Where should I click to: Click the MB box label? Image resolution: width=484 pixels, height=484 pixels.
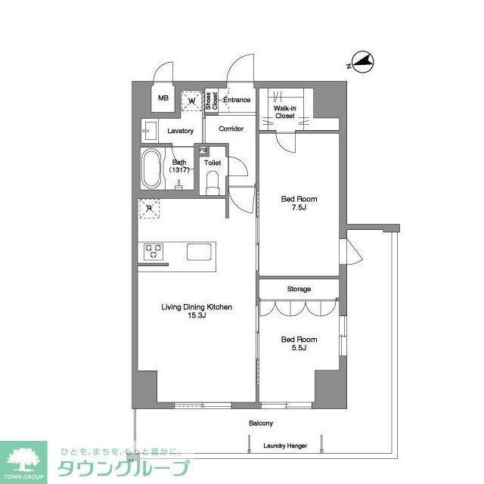coord(163,98)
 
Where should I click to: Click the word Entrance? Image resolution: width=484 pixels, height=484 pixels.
coord(237,100)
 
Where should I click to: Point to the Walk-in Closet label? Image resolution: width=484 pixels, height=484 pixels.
coord(284,113)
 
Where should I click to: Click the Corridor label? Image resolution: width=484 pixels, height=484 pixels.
coord(231,129)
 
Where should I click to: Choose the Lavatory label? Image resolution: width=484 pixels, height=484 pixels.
coord(181,132)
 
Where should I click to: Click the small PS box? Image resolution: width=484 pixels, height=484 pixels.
coord(203,150)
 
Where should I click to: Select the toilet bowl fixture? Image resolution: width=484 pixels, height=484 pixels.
coord(213,181)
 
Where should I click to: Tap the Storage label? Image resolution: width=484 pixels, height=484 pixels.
coord(299,290)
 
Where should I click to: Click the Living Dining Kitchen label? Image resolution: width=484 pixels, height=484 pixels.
coord(196,311)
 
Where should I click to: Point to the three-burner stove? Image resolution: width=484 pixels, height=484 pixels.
coord(154,251)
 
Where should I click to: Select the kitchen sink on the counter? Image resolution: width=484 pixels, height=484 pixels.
coord(200,252)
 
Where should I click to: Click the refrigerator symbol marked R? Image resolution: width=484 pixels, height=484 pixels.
coord(150,209)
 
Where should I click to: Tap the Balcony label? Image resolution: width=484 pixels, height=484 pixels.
coord(261,423)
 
